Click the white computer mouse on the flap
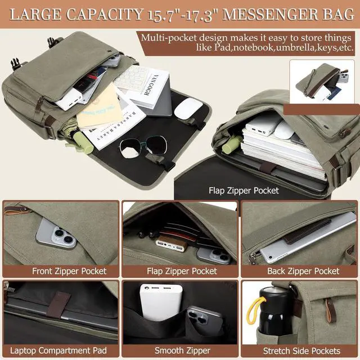188,109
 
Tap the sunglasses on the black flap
143,147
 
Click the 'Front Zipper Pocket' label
69,271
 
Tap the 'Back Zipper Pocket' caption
303,271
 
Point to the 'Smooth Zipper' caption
182,350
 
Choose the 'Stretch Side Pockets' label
301,351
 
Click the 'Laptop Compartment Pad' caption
58,350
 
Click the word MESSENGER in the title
270,15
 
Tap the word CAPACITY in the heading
105,15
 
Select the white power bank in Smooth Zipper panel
161,301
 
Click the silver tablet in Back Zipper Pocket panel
308,238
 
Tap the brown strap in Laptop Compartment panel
58,305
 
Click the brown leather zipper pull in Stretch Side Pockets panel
330,310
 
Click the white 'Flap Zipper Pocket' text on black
244,191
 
